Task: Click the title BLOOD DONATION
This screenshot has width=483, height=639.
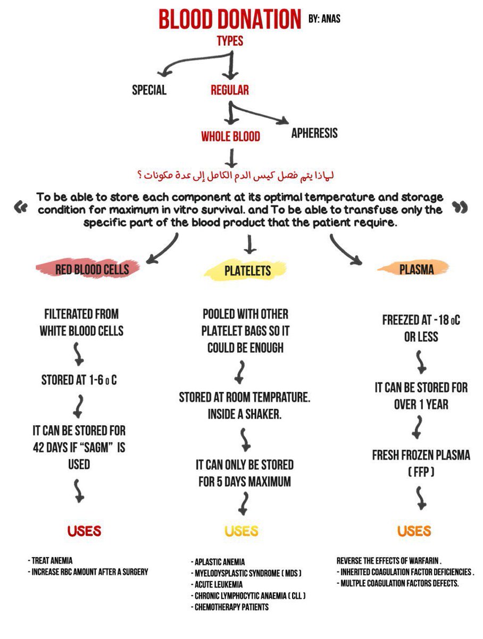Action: [230, 19]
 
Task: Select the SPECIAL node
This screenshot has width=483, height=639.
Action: [149, 90]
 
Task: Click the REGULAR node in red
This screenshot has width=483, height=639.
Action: [230, 90]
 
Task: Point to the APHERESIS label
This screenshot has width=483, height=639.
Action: [314, 133]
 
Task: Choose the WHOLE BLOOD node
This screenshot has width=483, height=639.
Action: [230, 137]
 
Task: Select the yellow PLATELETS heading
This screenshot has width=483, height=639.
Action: [247, 271]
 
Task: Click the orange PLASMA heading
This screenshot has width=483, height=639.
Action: [417, 269]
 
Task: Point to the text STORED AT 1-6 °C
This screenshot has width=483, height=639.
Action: [79, 381]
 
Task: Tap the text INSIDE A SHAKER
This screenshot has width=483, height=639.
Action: [245, 414]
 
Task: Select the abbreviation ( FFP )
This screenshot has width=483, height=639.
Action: [413, 472]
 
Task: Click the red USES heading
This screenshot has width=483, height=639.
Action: [84, 531]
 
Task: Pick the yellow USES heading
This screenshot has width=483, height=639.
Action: [241, 531]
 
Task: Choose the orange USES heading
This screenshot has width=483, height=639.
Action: [413, 531]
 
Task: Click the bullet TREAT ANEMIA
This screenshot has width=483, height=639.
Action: [52, 561]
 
